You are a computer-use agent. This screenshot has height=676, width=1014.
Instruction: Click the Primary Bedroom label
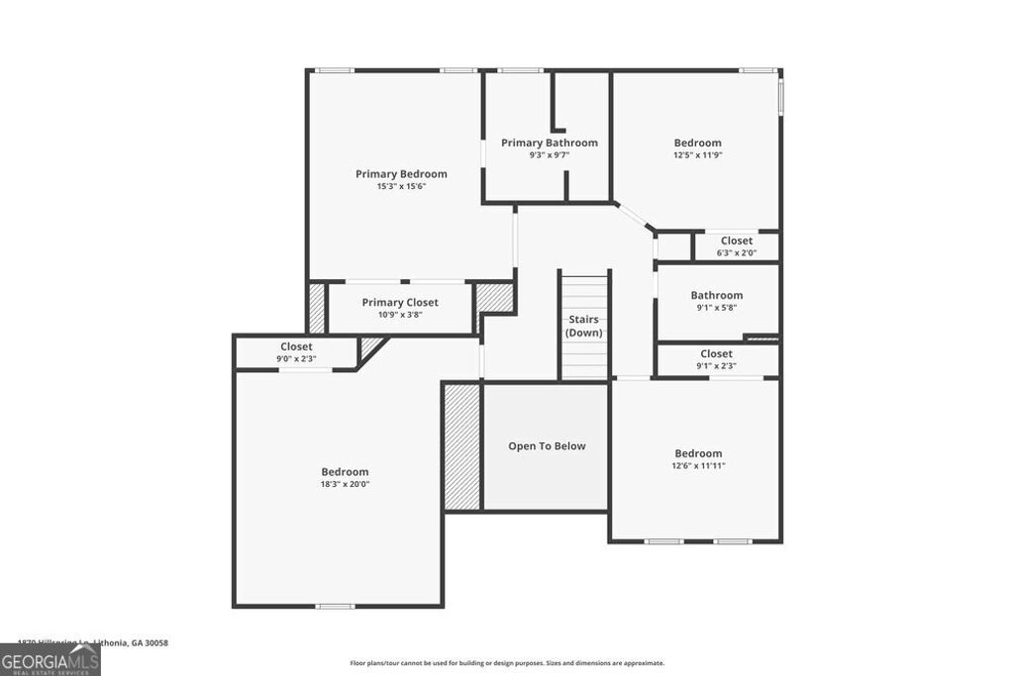pyautogui.click(x=401, y=174)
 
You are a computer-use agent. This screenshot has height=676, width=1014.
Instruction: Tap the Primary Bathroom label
pyautogui.click(x=549, y=143)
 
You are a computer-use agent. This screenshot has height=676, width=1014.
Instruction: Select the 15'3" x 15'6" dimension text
pyautogui.click(x=401, y=186)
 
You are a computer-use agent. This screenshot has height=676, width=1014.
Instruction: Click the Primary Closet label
pyautogui.click(x=400, y=303)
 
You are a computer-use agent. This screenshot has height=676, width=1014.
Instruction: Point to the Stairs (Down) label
pyautogui.click(x=584, y=326)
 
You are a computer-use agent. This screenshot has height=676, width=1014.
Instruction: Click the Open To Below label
pyautogui.click(x=547, y=446)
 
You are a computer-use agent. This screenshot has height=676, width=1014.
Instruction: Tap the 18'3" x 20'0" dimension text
pyautogui.click(x=345, y=485)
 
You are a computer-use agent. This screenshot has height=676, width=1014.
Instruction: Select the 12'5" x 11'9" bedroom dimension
pyautogui.click(x=697, y=154)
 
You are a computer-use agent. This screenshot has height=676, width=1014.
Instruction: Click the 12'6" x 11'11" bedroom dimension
pyautogui.click(x=698, y=465)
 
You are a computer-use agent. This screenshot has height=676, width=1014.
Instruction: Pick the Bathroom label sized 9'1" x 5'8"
pyautogui.click(x=716, y=295)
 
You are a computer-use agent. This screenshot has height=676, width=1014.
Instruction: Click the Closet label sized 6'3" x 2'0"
pyautogui.click(x=736, y=241)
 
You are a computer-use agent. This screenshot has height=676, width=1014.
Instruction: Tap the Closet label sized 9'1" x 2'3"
pyautogui.click(x=716, y=353)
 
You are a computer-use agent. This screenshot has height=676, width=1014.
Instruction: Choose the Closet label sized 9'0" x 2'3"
pyautogui.click(x=296, y=346)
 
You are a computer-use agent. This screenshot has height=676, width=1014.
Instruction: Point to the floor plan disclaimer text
pyautogui.click(x=507, y=663)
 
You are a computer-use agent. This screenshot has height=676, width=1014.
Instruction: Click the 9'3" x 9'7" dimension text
pyautogui.click(x=549, y=154)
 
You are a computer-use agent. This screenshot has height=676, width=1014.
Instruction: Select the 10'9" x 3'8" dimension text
pyautogui.click(x=400, y=315)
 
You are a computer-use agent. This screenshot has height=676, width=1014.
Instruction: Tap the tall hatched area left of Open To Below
pyautogui.click(x=461, y=446)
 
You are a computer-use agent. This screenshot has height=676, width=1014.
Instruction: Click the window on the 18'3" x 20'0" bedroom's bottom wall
pyautogui.click(x=335, y=606)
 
